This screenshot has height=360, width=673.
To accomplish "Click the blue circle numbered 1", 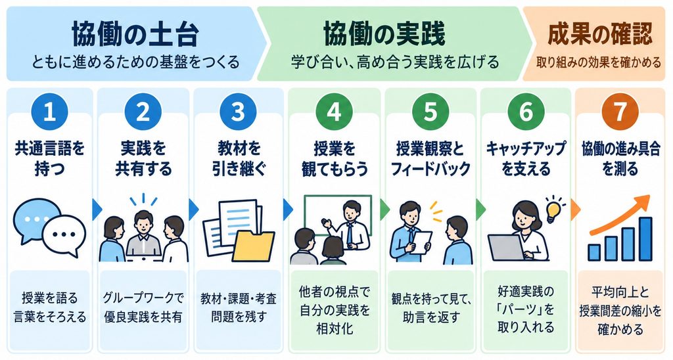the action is [50, 112].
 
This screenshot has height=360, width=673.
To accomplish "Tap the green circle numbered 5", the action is [430, 112].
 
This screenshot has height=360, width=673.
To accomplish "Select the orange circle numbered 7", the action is [620, 112].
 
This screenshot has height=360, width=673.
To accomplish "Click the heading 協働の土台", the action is [135, 34].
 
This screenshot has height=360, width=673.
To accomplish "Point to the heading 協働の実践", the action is [384, 34].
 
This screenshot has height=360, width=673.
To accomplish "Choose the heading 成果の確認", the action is [600, 34].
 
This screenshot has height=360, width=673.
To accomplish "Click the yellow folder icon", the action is [253, 246].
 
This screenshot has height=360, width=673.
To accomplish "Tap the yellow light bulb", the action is [553, 211].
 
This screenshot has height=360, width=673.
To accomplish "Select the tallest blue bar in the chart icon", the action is [645, 239].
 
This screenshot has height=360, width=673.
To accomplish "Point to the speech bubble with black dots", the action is [64, 236].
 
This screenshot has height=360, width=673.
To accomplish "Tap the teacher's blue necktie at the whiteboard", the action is [350, 234].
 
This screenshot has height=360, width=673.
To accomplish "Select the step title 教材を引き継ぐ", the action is [239, 158].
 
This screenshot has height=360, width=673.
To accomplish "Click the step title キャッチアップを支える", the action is [526, 158].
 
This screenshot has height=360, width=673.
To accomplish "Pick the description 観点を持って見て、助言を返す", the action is [431, 308].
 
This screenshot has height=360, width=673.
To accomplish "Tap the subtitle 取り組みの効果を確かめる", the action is [599, 62].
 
